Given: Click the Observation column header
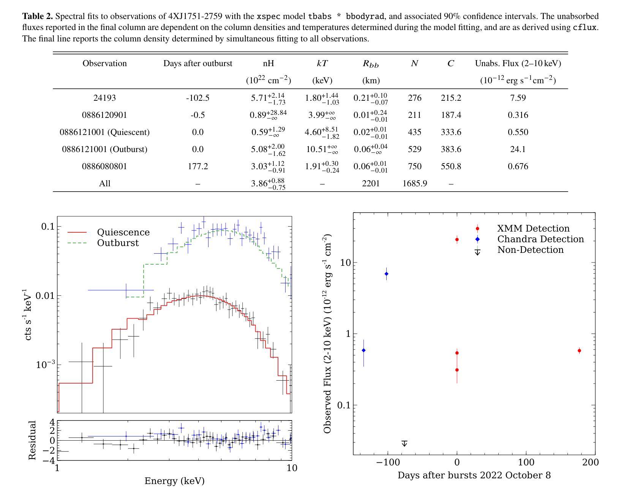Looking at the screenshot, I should (x=104, y=63).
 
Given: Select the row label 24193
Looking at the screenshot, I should (x=104, y=98).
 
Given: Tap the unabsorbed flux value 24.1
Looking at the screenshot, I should (x=518, y=149).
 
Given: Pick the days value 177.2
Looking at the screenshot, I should (x=198, y=167).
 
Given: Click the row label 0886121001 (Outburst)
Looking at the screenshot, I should (x=104, y=149).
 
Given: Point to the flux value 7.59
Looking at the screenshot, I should (x=518, y=98).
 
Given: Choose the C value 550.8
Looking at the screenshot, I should (x=451, y=167).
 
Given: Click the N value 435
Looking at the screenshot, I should (x=414, y=132).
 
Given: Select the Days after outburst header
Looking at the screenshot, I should (x=198, y=63).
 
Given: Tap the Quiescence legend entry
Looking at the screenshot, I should (x=123, y=232).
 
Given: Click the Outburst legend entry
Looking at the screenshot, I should (x=118, y=243).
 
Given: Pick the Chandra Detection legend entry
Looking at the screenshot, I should (x=540, y=239).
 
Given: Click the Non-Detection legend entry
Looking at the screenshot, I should (x=530, y=250).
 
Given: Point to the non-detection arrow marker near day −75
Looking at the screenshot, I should (x=405, y=443).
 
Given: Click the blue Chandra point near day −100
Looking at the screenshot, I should (x=386, y=274).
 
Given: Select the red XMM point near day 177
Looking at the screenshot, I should (x=579, y=351).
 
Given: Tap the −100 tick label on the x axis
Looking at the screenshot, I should (x=387, y=462).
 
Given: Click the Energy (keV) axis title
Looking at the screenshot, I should (x=174, y=481).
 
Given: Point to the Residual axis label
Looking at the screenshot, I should (x=32, y=440).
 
